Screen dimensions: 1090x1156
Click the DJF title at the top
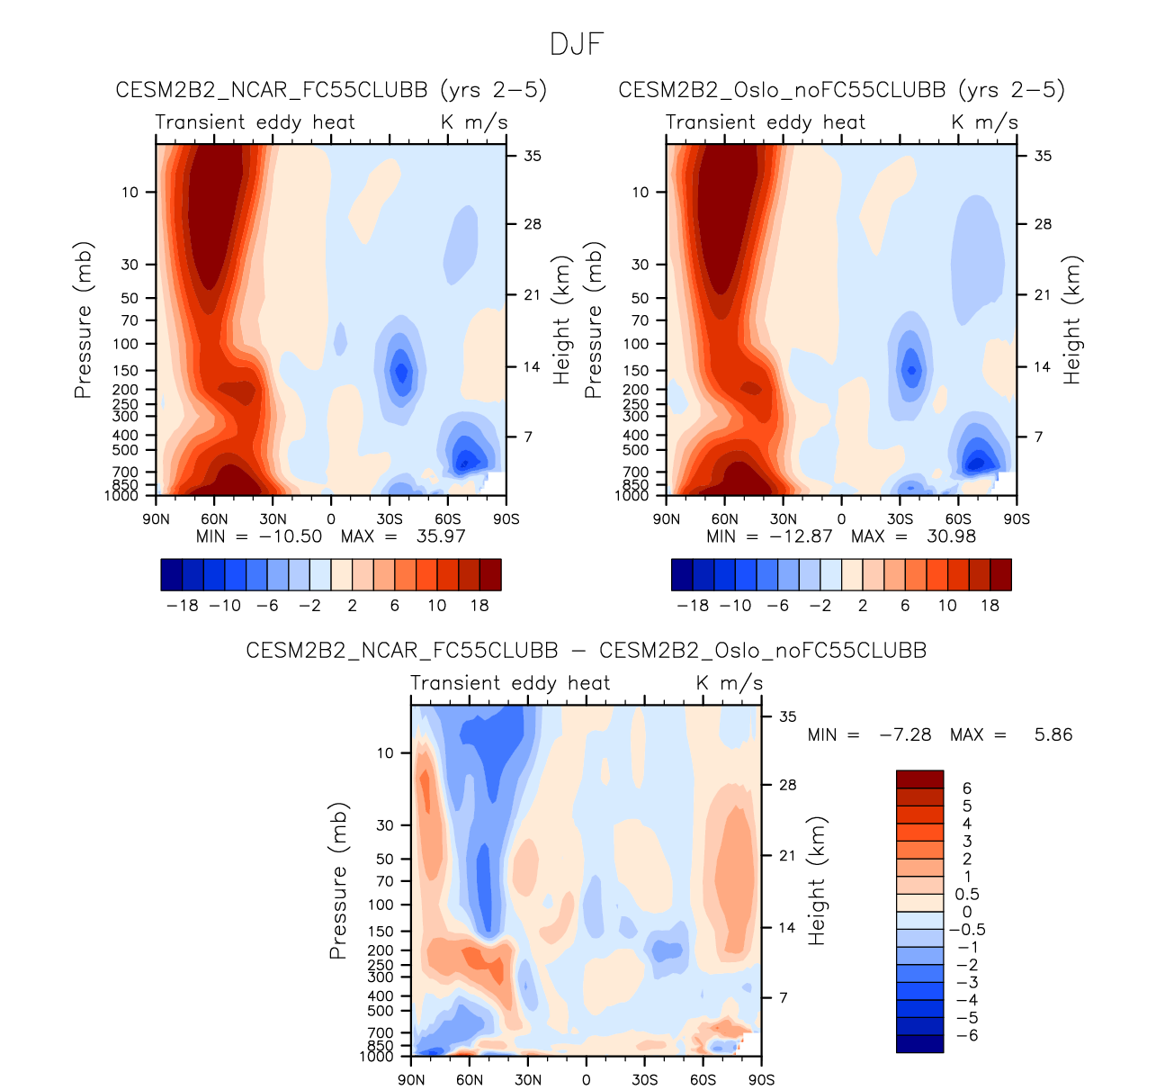[x=577, y=44]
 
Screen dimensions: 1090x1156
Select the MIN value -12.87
[x=800, y=536]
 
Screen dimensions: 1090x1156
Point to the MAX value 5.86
[x=1053, y=734]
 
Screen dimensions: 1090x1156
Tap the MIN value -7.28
[x=905, y=734]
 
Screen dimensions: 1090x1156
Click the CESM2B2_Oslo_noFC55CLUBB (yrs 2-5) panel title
[x=841, y=90]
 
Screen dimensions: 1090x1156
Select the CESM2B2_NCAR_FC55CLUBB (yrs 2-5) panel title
[x=331, y=90]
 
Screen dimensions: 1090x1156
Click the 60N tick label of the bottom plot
[x=470, y=1079]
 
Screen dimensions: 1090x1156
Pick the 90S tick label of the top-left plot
[x=506, y=518]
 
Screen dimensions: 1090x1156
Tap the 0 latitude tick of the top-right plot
[x=841, y=518]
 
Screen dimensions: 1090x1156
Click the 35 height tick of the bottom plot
[x=788, y=716]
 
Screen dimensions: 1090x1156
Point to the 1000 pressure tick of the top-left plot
[x=121, y=496]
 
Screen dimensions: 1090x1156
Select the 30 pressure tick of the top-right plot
[x=640, y=265]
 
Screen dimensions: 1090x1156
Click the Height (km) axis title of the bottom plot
[x=817, y=881]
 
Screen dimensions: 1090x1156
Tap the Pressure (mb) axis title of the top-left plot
[x=84, y=320]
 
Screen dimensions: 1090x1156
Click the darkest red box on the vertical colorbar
[x=919, y=779]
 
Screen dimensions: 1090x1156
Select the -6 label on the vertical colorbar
[x=966, y=1035]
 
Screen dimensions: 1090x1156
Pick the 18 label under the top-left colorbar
[x=479, y=605]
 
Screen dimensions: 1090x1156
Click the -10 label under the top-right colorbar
[x=735, y=605]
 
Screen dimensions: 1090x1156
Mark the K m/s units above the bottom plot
[x=729, y=683]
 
